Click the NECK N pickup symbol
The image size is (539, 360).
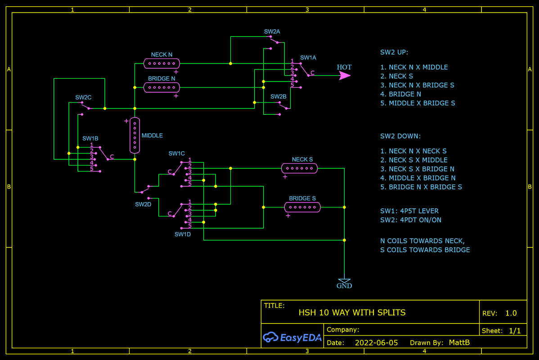pos(162,63)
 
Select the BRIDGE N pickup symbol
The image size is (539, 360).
pos(162,87)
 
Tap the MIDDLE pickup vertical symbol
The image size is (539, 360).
pos(134,135)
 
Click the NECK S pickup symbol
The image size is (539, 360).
pos(299,168)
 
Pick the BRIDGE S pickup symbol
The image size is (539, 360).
pos(302,207)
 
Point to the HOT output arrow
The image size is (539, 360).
pos(344,76)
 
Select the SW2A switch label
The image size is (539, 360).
pos(272,31)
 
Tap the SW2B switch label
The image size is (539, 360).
pos(278,96)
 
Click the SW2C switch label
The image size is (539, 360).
pos(83,97)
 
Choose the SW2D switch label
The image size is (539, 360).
pos(143,204)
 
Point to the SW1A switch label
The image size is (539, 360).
pos(308,58)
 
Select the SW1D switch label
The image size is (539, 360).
pos(183,234)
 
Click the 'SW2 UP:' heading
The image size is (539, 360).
pos(394,52)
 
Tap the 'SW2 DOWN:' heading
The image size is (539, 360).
pos(400,136)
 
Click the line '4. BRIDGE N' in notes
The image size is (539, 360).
pos(405,94)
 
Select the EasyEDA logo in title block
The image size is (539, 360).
pos(292,337)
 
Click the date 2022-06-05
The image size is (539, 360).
pos(376,342)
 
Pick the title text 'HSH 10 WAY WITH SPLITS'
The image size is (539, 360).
pos(352,312)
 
